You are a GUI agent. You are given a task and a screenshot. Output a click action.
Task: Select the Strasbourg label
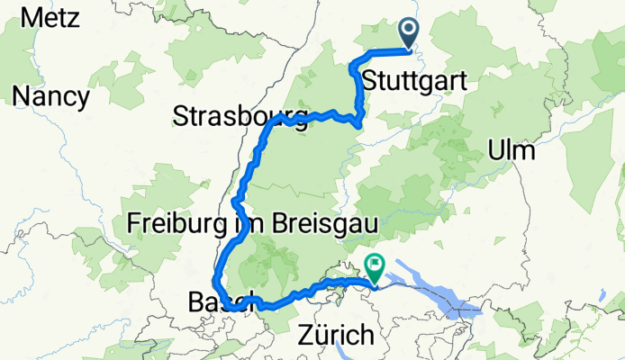(232, 117)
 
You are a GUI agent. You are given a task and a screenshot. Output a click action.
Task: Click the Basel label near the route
(213, 302)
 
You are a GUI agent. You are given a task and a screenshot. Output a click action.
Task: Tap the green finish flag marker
(373, 266)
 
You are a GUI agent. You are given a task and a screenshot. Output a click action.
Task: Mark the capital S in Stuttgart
(367, 82)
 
